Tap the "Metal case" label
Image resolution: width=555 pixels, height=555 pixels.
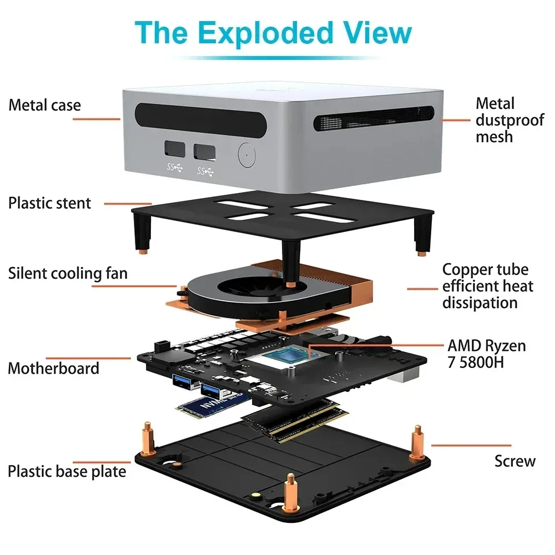point(44,105)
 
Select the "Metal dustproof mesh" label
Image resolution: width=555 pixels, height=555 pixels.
point(509,120)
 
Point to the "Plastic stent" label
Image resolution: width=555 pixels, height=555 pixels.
point(49,203)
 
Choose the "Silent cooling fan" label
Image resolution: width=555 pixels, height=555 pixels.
point(68,274)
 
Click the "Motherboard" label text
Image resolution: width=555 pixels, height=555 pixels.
point(54,369)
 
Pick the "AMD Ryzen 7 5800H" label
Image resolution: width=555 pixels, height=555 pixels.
point(487,354)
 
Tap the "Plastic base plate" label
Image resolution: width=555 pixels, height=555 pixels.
point(67,472)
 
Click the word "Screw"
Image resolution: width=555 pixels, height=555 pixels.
point(515,461)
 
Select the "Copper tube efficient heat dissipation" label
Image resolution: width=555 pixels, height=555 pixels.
point(487,286)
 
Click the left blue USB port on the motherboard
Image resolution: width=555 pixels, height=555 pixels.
point(183,381)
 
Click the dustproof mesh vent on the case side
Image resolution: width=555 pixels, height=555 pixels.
point(373,118)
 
